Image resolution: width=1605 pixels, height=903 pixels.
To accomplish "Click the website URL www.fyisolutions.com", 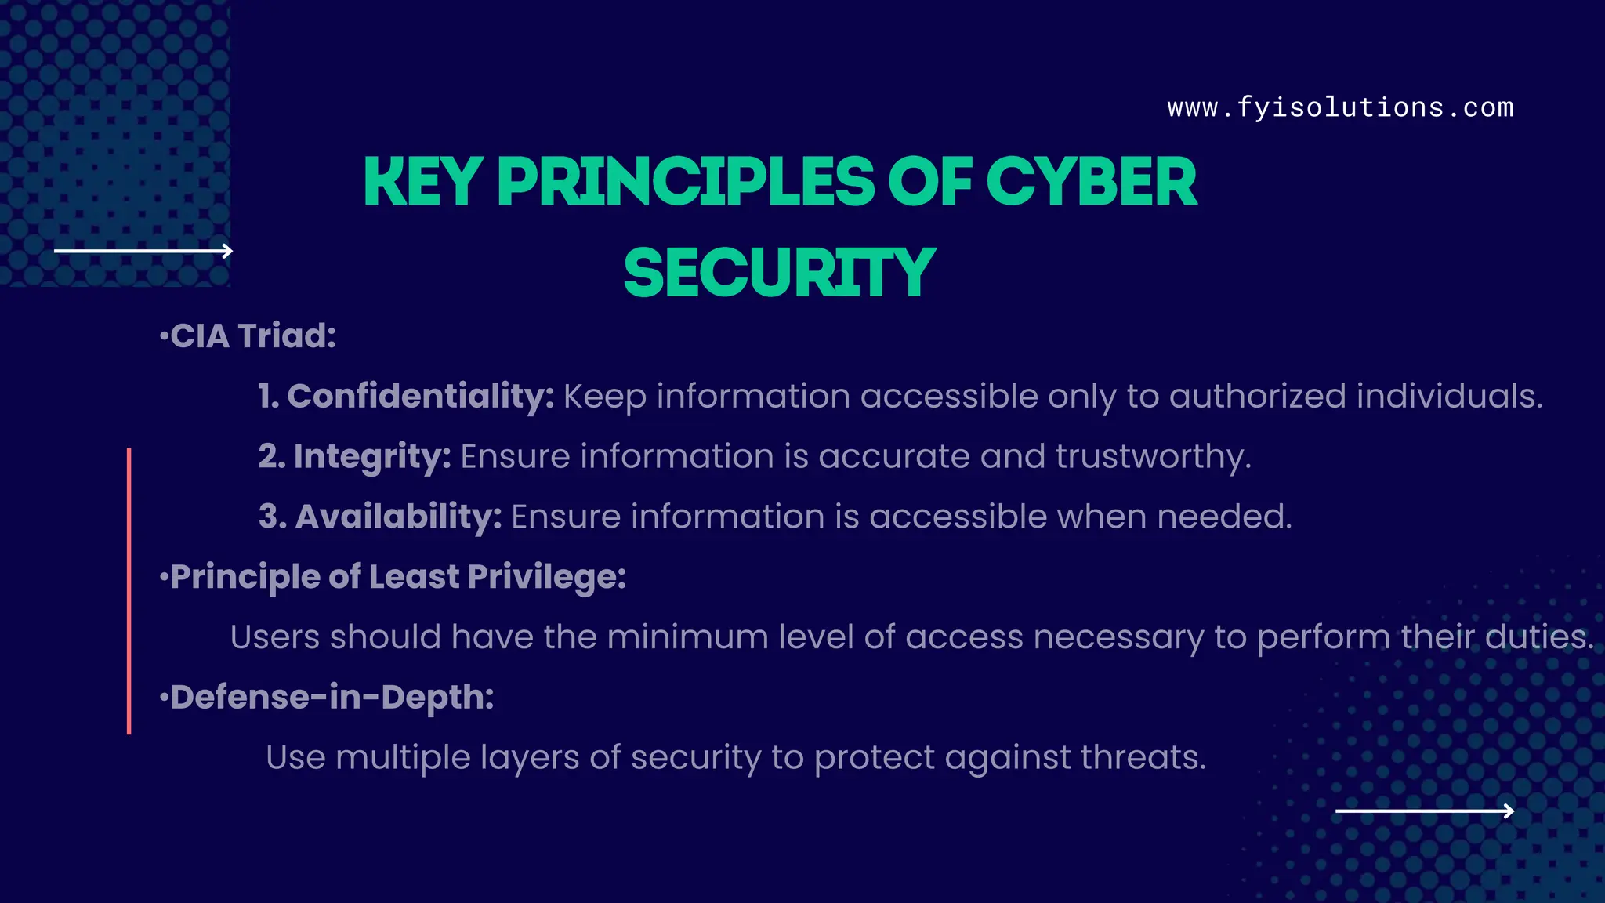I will [1340, 107].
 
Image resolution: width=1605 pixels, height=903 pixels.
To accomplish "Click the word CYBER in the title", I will [1091, 182].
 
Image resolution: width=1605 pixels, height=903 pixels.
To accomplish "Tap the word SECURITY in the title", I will [780, 273].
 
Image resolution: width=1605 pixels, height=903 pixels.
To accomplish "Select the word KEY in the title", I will [422, 182].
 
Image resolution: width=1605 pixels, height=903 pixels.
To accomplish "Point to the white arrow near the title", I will [143, 251].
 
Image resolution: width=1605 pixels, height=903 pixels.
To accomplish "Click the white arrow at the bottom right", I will [1425, 811].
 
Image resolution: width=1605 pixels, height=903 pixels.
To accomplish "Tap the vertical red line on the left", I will [129, 591].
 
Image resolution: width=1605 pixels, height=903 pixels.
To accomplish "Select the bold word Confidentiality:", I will [421, 397].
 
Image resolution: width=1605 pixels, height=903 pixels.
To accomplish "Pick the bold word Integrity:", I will [371, 457].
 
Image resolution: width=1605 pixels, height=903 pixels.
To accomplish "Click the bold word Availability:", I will [398, 517].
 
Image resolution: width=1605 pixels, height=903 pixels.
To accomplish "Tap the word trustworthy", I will [1152, 457].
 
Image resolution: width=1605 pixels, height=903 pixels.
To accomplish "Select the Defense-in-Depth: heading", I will [328, 698].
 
